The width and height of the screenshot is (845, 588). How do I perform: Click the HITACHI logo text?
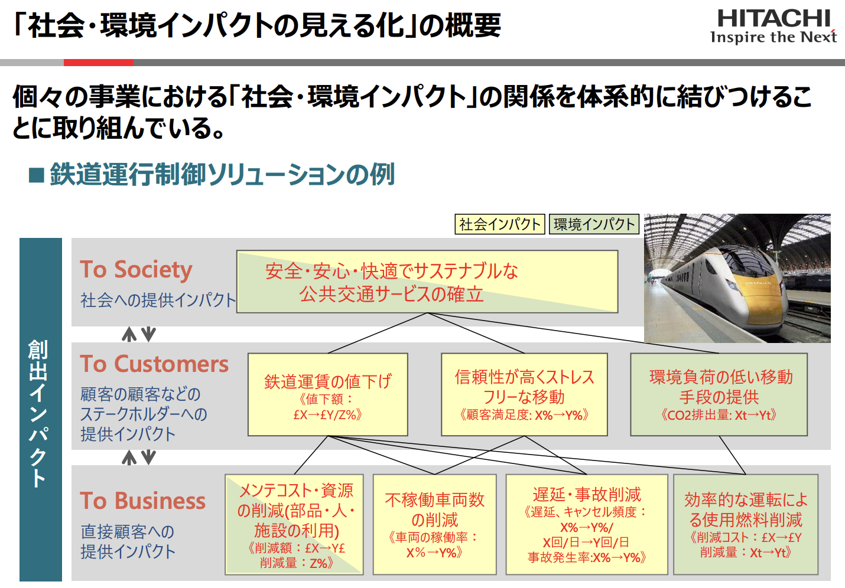pyautogui.click(x=773, y=19)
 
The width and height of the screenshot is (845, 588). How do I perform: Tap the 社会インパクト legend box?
pyautogui.click(x=500, y=224)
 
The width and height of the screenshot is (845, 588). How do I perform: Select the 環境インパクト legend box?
pyautogui.click(x=594, y=224)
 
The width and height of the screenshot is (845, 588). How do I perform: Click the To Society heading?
pyautogui.click(x=136, y=270)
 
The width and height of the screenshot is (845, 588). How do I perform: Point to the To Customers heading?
pyautogui.click(x=154, y=364)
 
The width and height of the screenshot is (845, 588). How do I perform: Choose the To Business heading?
pyautogui.click(x=142, y=501)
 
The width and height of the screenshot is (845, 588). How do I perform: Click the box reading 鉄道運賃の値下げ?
pyautogui.click(x=327, y=394)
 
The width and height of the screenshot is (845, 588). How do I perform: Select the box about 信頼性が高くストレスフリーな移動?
pyautogui.click(x=524, y=394)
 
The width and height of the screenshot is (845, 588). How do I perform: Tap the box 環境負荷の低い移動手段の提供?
pyautogui.click(x=719, y=394)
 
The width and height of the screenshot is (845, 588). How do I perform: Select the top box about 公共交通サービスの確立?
pyautogui.click(x=427, y=282)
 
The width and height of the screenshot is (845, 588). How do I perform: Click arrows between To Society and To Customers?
pyautogui.click(x=138, y=335)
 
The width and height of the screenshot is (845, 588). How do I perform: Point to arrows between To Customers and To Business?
pyautogui.click(x=138, y=458)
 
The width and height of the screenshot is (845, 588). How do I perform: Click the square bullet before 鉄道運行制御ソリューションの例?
pyautogui.click(x=37, y=175)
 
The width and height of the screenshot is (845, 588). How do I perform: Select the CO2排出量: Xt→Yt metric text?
pyautogui.click(x=719, y=415)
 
